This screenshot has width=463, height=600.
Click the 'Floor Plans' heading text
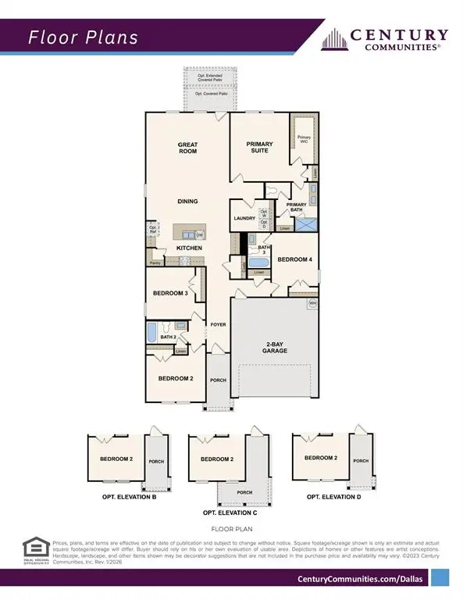click(x=84, y=37)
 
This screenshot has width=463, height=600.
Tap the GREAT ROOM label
click(x=187, y=147)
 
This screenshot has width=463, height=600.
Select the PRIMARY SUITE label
click(x=259, y=147)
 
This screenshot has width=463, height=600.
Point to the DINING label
click(x=187, y=202)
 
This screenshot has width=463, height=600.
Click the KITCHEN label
click(x=189, y=248)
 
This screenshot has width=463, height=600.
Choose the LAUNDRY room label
click(x=244, y=218)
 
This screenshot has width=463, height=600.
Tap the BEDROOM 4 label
click(x=295, y=259)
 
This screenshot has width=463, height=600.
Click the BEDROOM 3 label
click(x=169, y=293)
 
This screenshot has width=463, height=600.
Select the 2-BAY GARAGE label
click(x=276, y=348)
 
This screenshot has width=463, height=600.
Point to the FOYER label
click(x=218, y=323)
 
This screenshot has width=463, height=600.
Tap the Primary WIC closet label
click(x=305, y=139)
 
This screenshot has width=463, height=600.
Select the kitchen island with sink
click(x=189, y=234)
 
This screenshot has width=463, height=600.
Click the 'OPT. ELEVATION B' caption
click(x=129, y=497)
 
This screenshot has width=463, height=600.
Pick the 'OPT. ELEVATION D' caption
click(x=333, y=497)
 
